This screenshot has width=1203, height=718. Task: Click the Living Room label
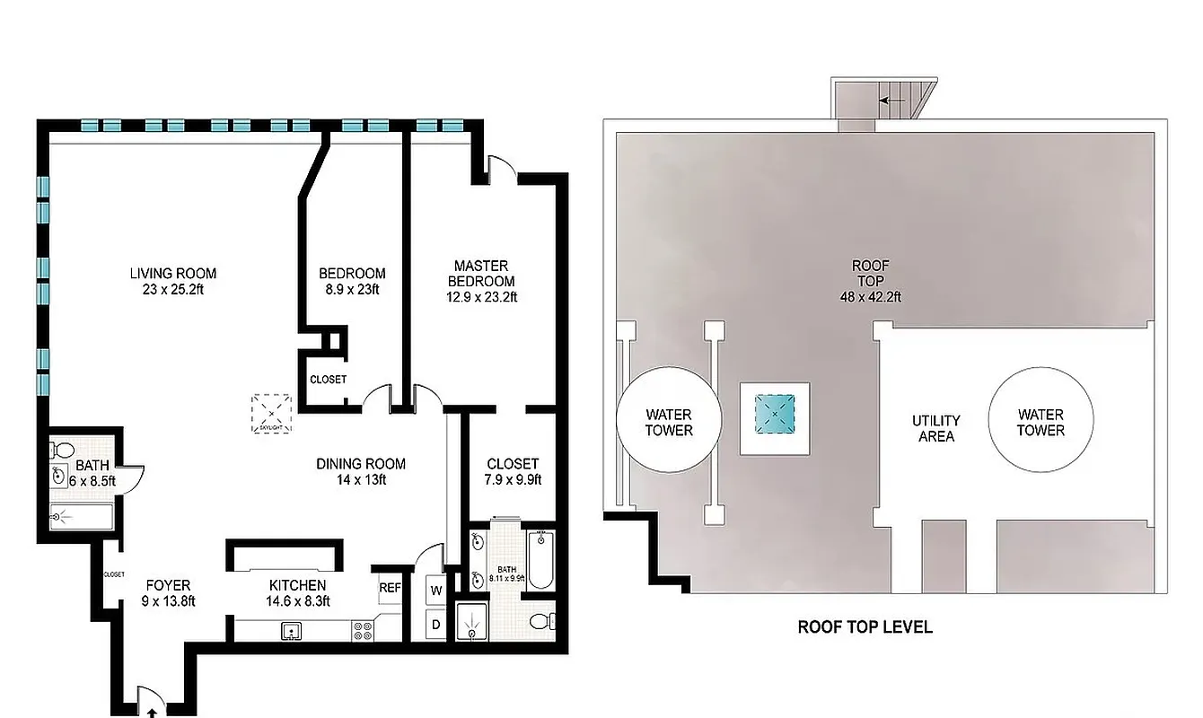172,274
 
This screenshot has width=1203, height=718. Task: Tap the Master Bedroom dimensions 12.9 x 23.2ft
481,297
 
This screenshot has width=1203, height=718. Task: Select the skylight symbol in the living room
271,413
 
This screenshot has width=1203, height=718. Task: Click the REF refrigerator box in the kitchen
389,589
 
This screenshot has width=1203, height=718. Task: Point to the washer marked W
436,591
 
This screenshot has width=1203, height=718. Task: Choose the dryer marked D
436,624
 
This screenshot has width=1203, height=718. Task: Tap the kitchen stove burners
364,631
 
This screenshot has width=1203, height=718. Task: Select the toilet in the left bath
63,450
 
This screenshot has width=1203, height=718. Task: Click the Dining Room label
361,464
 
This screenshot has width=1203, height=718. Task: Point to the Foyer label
168,586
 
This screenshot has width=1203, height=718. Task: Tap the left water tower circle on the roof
669,422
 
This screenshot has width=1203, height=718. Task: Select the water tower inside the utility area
1041,422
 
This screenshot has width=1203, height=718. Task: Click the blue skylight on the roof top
774,414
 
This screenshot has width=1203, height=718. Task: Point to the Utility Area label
936,428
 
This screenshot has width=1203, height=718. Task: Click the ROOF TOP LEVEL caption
865,627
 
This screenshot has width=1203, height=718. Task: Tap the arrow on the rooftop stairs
891,101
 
